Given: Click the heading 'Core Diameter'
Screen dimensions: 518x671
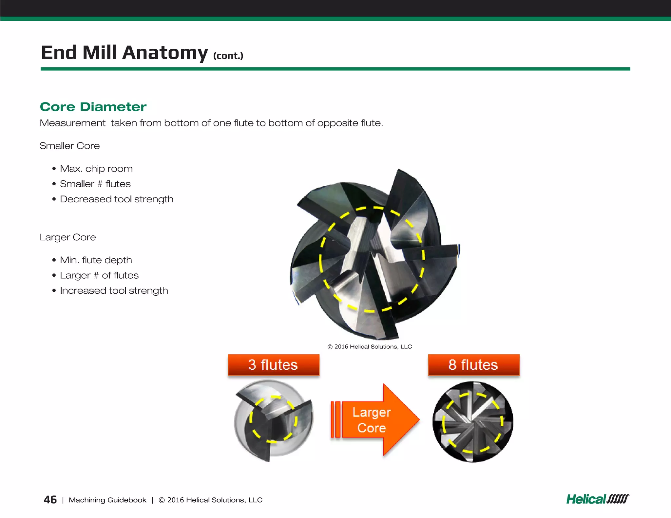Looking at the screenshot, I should point(93,107).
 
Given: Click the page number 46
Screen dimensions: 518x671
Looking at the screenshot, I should point(50,500).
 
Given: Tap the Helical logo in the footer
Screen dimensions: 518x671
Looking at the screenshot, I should point(598,499).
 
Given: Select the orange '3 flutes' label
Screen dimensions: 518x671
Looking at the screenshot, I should point(273,365).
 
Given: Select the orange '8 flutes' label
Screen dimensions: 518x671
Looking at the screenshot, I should point(473,365).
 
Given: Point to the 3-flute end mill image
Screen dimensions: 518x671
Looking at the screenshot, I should point(274,421).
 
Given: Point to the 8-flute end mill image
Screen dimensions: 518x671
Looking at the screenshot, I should point(473,422).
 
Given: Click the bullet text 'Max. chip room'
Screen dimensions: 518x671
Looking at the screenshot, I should point(96,169).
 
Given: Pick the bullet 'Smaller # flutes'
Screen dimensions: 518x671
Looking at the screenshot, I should point(95,184).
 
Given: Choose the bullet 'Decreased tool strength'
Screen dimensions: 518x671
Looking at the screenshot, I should point(116,199).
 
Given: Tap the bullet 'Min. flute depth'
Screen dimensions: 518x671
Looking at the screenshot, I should point(96,260).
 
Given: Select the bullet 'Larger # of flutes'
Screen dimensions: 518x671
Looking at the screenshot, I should point(99,275).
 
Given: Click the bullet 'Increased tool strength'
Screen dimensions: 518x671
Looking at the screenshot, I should point(114,290).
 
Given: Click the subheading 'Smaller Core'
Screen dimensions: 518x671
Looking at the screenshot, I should point(69,146).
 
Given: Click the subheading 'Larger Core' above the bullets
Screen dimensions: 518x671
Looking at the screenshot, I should point(68,237).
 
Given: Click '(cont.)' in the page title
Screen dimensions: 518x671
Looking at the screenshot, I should point(228,56).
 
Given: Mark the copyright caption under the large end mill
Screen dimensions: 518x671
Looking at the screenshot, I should point(370,346).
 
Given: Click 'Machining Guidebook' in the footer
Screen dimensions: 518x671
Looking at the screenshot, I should point(107,500).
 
